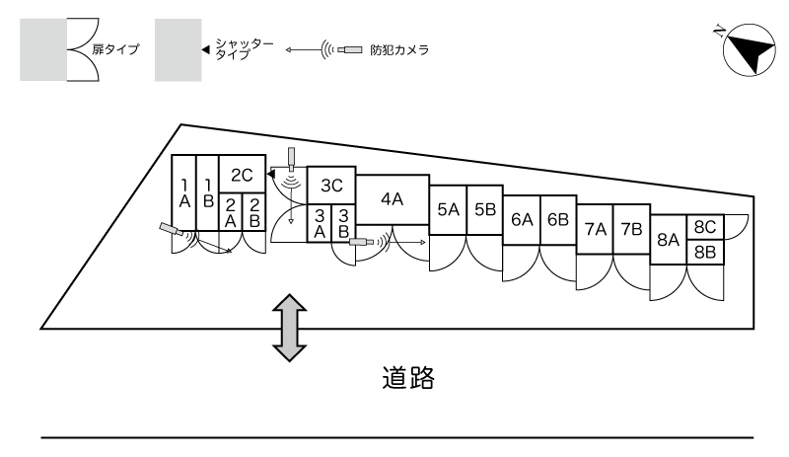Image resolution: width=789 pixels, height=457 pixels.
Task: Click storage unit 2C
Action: tap(243, 175)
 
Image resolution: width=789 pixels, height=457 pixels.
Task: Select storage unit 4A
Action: tap(392, 199)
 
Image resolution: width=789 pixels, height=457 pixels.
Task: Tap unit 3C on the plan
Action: tap(331, 185)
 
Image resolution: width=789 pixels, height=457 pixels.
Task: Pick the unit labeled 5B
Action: tap(484, 209)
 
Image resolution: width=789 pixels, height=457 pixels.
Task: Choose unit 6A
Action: tap(522, 219)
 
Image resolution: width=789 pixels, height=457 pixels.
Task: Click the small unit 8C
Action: tap(704, 227)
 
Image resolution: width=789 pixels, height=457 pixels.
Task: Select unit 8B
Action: tap(704, 252)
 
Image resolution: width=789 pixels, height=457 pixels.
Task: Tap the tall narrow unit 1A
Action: tap(183, 192)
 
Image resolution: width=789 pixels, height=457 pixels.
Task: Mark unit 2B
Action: tap(254, 212)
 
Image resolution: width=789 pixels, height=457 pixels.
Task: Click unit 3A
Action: tap(320, 222)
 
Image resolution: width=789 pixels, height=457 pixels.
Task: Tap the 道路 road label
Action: tap(407, 378)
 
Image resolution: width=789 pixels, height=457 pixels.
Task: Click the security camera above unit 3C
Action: tap(291, 158)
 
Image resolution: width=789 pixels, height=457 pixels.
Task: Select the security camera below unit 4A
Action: tap(362, 240)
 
